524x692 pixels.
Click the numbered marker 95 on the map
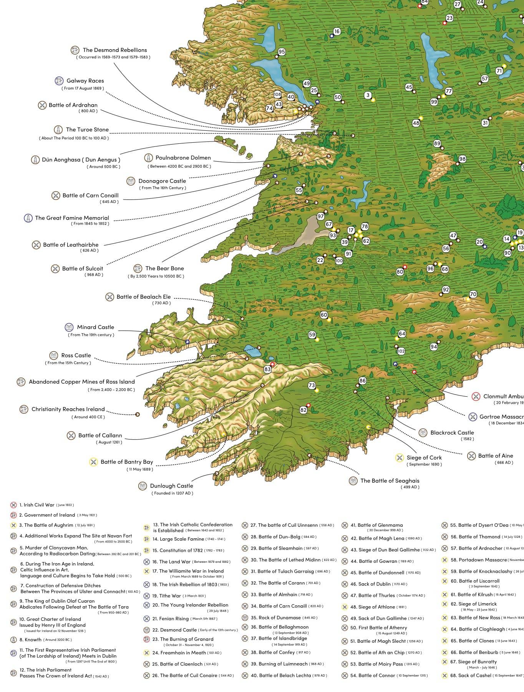(282, 52)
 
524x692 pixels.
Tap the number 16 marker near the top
(337, 32)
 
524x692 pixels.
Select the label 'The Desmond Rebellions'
(114, 50)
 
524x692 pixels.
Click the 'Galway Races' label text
(85, 81)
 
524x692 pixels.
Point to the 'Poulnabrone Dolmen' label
(183, 158)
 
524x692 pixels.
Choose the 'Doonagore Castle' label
(162, 181)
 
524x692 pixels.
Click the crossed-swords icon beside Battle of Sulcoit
(55, 269)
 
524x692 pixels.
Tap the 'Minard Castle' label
(95, 327)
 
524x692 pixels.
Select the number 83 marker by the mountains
(267, 369)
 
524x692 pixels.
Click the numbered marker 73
(312, 385)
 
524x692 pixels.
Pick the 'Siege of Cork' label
(424, 457)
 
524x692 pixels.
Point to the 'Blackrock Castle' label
(452, 432)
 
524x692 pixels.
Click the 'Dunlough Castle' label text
(171, 486)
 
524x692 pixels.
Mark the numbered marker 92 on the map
(446, 289)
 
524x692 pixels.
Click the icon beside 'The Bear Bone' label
(138, 268)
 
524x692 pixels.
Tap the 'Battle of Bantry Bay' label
(126, 462)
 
